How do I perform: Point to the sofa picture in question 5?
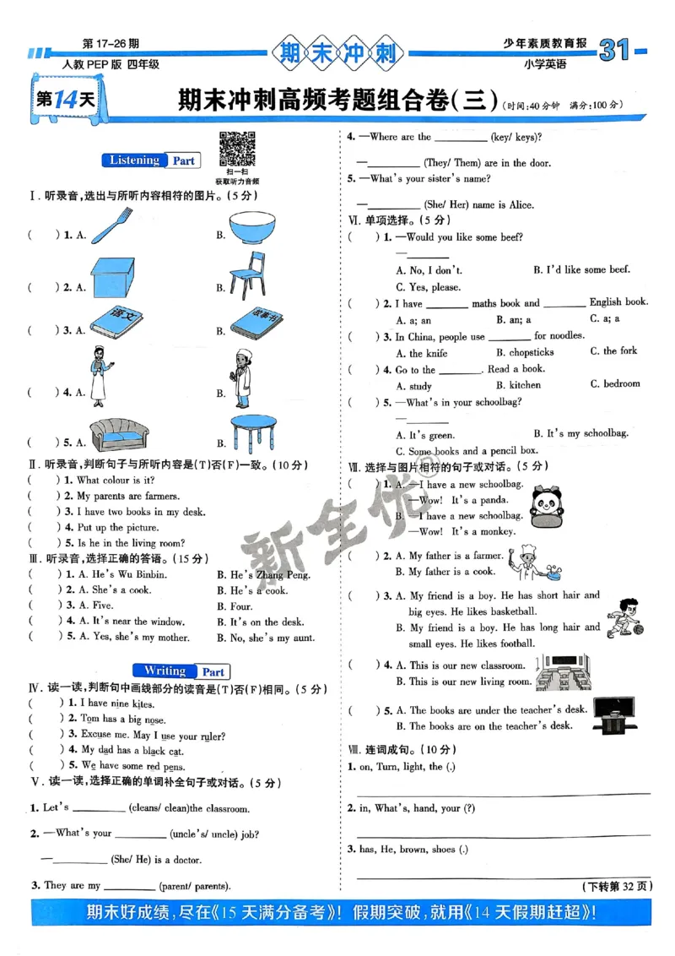[x=119, y=434]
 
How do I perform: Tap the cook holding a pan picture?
[x=534, y=562]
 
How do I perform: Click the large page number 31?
[x=615, y=52]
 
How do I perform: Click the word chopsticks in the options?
[x=525, y=352]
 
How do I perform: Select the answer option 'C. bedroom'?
[x=615, y=383]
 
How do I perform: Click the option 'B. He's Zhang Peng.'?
[x=258, y=574]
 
